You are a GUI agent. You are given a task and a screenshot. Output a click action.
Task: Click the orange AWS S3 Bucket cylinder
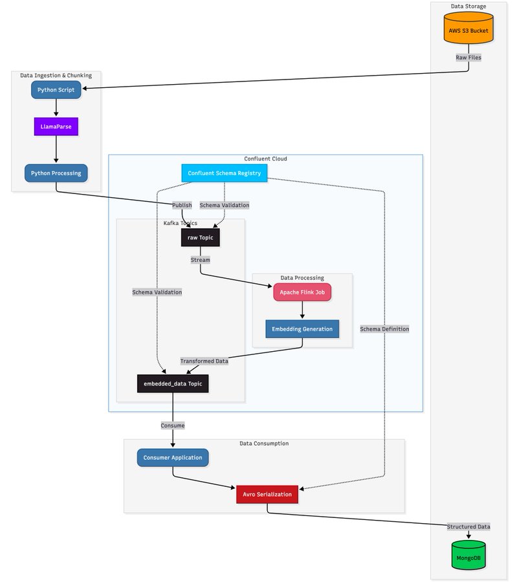pyautogui.click(x=469, y=30)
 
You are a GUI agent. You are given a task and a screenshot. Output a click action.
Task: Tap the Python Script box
pyautogui.click(x=56, y=89)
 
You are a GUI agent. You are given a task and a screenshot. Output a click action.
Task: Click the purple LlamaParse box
pyautogui.click(x=56, y=127)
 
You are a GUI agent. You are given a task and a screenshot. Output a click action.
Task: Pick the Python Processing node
pyautogui.click(x=56, y=173)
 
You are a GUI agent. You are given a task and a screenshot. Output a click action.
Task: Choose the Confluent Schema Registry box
pyautogui.click(x=224, y=173)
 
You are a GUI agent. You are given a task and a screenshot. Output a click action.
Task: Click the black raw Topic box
pyautogui.click(x=201, y=237)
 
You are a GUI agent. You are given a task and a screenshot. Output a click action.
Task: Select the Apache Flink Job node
pyautogui.click(x=302, y=292)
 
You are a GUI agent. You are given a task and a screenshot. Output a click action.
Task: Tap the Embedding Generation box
pyautogui.click(x=302, y=329)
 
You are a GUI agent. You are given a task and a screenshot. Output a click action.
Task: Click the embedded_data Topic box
pyautogui.click(x=173, y=383)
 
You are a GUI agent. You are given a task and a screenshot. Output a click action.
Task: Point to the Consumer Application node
pyautogui.click(x=173, y=457)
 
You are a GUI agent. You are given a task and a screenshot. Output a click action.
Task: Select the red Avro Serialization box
pyautogui.click(x=267, y=494)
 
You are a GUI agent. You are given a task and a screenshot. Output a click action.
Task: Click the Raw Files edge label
pyautogui.click(x=469, y=58)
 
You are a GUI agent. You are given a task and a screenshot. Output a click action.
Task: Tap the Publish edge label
pyautogui.click(x=182, y=205)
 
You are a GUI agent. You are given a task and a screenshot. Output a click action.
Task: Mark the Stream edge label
pyautogui.click(x=201, y=260)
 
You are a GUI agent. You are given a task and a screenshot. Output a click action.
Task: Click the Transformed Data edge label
pyautogui.click(x=204, y=361)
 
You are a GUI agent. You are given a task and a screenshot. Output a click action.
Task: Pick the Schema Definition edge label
pyautogui.click(x=385, y=329)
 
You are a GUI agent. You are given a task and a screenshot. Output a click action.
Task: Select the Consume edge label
pyautogui.click(x=173, y=426)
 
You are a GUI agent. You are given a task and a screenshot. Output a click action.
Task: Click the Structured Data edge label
pyautogui.click(x=469, y=526)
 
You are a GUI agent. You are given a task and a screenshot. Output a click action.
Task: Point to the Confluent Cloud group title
pyautogui.click(x=265, y=158)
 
